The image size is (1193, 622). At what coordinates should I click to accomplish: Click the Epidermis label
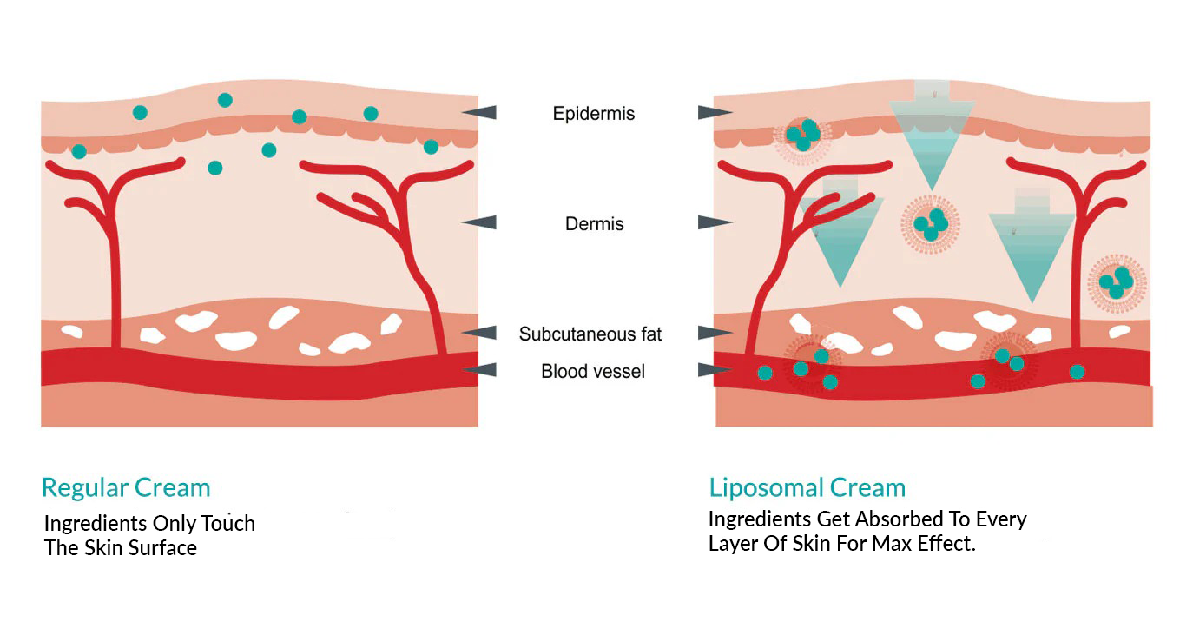coord(594,114)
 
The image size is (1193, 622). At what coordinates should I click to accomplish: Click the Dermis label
coord(594,224)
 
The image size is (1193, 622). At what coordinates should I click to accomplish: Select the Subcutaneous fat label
coord(590,334)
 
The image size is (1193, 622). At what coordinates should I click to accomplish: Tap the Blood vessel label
coord(593,372)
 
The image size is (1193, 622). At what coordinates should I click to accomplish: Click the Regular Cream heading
coord(126,487)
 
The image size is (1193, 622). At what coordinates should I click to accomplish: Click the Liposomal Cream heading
coord(807,487)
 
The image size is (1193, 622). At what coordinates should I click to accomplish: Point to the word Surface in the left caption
coord(162,548)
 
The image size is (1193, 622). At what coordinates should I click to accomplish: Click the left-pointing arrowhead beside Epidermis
coord(479,112)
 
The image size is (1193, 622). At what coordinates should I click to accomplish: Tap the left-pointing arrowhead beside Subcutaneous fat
coord(479,333)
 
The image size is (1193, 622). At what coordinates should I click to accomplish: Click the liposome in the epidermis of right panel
coord(802,135)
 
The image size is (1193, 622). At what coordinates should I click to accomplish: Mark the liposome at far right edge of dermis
coord(1117,283)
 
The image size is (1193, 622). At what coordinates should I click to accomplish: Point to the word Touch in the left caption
coord(229,524)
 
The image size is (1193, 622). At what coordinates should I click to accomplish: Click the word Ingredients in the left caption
coord(96,524)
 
